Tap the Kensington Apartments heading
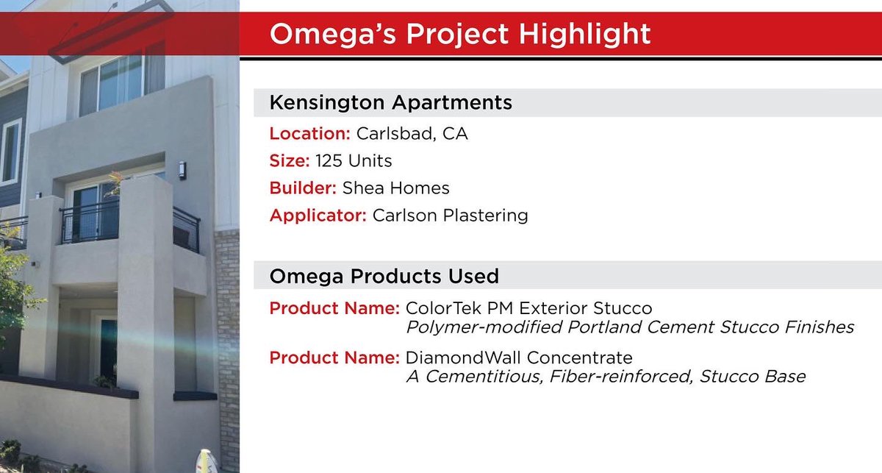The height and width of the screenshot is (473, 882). [x=390, y=102]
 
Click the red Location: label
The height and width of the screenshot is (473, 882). [x=309, y=134]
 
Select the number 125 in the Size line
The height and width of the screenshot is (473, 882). [x=329, y=161]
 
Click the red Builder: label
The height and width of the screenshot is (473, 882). [x=303, y=188]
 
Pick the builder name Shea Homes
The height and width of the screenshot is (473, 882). [x=395, y=188]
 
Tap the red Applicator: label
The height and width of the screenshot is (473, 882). [x=318, y=216]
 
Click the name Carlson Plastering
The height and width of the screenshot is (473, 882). [x=450, y=216]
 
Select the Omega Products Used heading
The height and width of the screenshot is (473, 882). [x=384, y=276]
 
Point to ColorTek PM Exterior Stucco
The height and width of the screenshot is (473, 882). [x=528, y=307]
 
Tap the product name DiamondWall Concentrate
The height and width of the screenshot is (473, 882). [x=518, y=358]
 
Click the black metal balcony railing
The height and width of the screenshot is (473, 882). [x=89, y=221]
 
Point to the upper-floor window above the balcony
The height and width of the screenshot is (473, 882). [x=112, y=82]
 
